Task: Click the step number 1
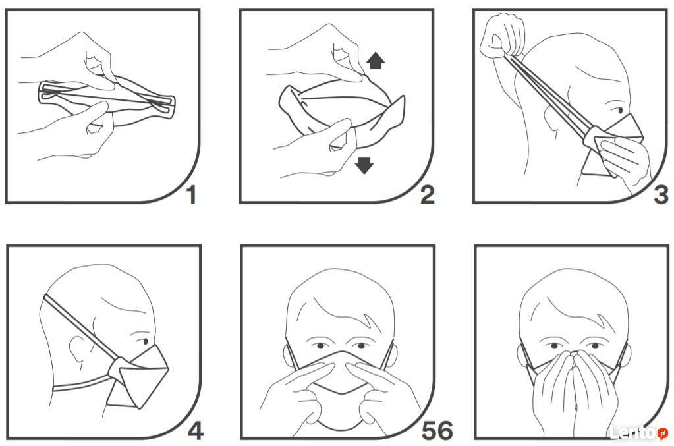191,194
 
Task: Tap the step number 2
428,194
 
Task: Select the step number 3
661,194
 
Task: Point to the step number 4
196,431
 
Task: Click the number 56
437,431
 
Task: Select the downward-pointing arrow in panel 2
364,165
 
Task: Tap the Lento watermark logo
639,433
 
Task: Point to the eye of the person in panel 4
145,341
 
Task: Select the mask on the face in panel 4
138,376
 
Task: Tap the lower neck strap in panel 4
81,385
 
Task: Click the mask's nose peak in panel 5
339,353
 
